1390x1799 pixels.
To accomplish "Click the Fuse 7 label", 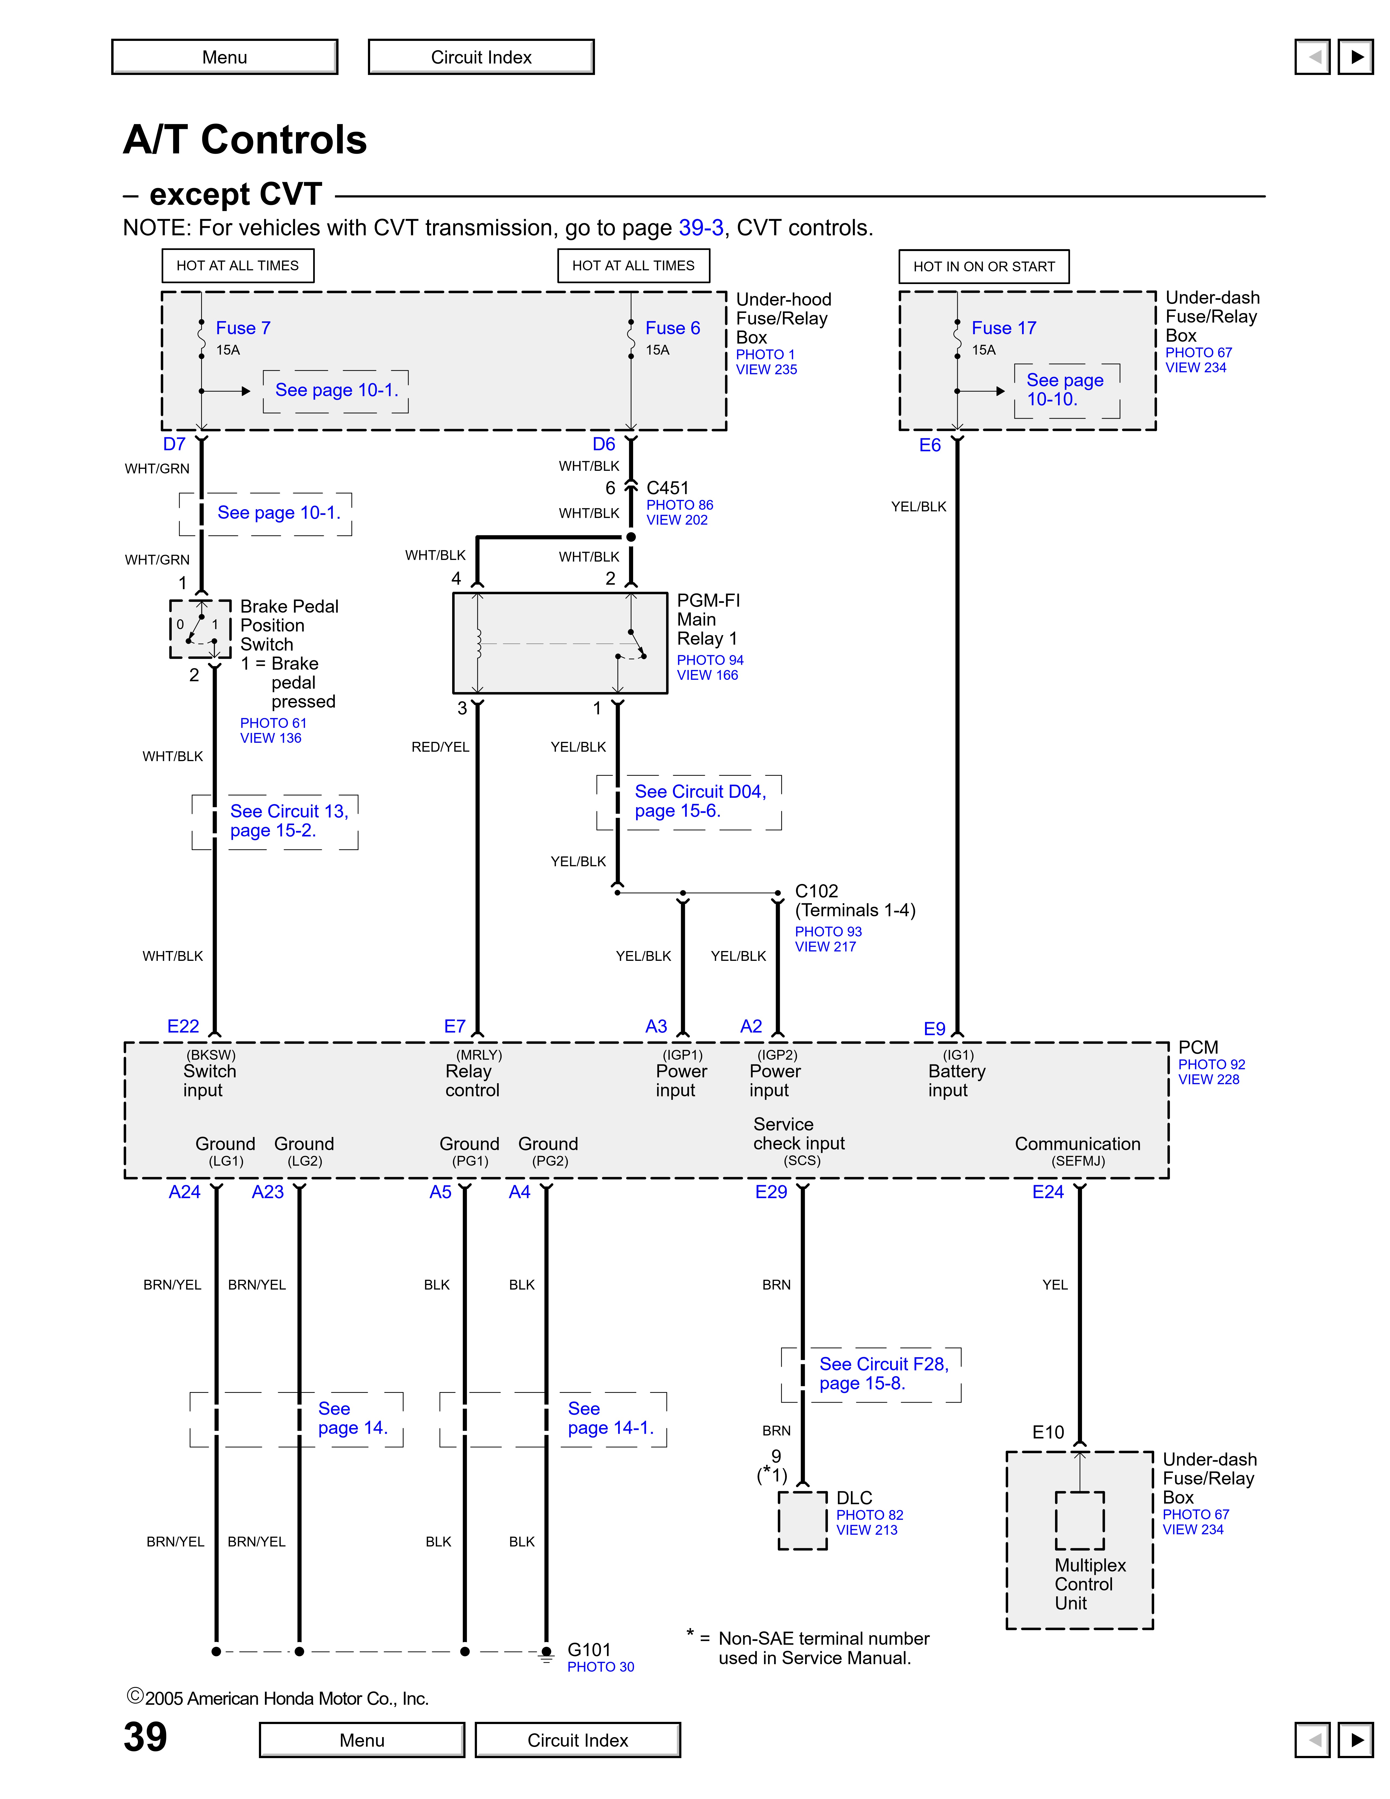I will pos(243,328).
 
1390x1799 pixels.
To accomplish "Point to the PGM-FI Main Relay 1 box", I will pos(560,642).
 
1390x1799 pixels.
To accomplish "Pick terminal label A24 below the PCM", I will pos(185,1192).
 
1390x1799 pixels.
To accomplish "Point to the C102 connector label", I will pos(816,891).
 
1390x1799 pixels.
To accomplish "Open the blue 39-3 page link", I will pos(701,228).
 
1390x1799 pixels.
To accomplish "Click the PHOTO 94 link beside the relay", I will pos(710,660).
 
